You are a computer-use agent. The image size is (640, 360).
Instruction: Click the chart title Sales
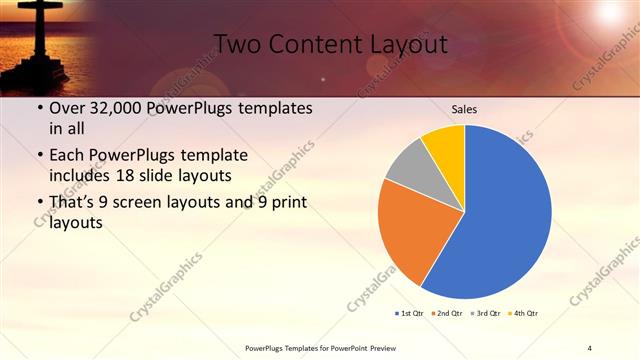click(464, 108)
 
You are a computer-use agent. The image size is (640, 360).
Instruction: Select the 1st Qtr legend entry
click(411, 314)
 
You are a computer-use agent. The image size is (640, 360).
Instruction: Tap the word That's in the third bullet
click(73, 203)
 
